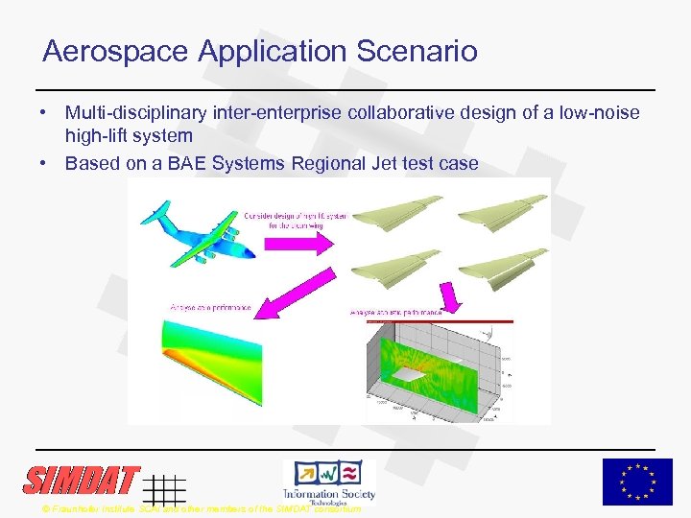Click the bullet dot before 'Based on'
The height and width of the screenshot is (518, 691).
(x=45, y=163)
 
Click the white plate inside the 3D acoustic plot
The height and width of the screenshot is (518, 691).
(x=412, y=375)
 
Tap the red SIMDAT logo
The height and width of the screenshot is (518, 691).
(x=82, y=480)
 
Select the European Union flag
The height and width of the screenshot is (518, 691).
(x=637, y=482)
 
